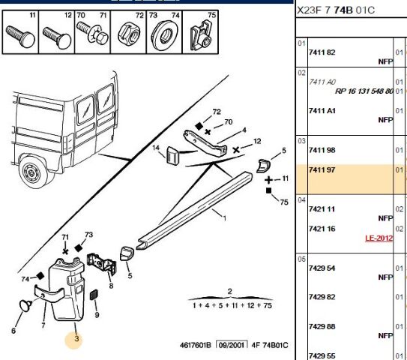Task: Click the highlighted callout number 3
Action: [x=76, y=339]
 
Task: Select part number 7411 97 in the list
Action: [x=322, y=169]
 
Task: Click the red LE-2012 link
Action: [x=379, y=238]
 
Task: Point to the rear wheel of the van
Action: [x=33, y=171]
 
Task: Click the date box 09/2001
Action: [x=232, y=345]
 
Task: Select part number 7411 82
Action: [x=322, y=52]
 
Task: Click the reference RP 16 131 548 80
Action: [x=364, y=91]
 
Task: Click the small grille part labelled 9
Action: [x=94, y=295]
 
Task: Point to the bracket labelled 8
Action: [x=102, y=264]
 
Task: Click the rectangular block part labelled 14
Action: [x=172, y=155]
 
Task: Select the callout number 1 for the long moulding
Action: [x=224, y=218]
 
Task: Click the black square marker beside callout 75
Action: [x=268, y=191]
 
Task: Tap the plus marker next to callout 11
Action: [x=268, y=180]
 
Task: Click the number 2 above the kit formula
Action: [x=229, y=292]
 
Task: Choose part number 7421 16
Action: [x=322, y=229]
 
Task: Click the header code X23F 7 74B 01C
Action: [x=336, y=10]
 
